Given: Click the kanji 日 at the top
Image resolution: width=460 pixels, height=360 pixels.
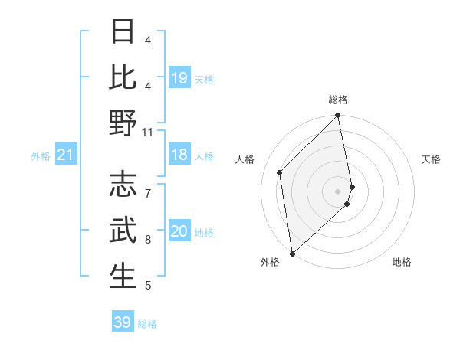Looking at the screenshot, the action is (x=123, y=31).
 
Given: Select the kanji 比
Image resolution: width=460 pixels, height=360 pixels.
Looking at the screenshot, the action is (x=123, y=77).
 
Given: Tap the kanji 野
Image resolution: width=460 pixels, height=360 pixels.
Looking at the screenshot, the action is (x=123, y=123).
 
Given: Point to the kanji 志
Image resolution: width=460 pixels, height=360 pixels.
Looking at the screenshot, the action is (x=123, y=184).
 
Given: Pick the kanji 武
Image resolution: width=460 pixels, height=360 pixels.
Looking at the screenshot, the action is (x=123, y=230).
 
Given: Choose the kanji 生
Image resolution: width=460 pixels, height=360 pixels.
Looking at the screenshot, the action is (x=123, y=276).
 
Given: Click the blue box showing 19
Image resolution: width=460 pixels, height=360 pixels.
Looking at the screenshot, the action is (x=179, y=78).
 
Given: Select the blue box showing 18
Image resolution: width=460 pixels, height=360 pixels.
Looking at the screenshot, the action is (x=179, y=155).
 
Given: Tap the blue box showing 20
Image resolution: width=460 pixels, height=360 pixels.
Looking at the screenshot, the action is (x=179, y=232).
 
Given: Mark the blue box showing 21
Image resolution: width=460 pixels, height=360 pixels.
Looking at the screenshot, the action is (x=66, y=155).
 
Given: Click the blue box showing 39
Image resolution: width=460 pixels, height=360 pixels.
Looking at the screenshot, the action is (x=123, y=322).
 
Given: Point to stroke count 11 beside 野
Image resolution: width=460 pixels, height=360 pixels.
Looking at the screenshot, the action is (x=148, y=133).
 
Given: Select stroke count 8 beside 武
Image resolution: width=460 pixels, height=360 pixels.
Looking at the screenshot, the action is (x=148, y=240).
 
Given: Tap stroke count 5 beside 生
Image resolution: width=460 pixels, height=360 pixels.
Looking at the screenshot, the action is (x=148, y=286).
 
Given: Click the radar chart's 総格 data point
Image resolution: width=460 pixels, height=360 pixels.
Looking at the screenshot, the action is (x=337, y=116).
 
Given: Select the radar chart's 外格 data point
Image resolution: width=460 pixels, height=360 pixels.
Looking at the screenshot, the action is (x=292, y=253).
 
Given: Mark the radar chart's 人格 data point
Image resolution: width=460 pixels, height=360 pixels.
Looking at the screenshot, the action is (x=280, y=172).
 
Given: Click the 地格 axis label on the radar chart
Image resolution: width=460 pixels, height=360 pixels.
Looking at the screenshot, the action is (x=402, y=262).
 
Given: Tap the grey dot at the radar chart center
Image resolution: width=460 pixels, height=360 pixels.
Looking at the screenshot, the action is (x=337, y=191).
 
